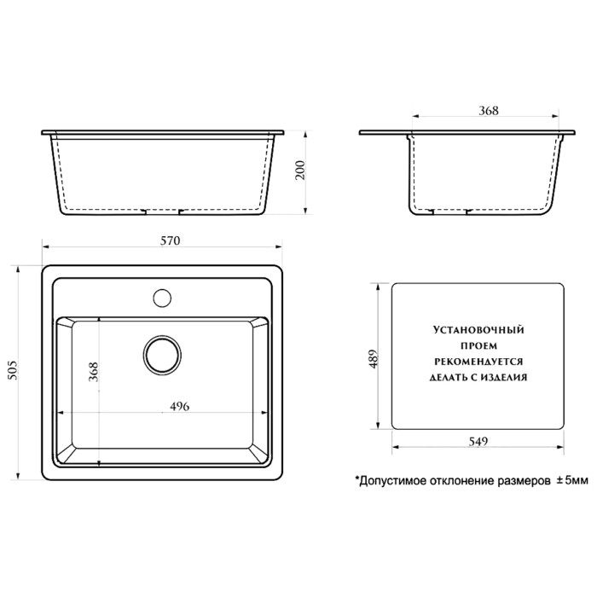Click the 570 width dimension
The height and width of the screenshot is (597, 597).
point(170,242)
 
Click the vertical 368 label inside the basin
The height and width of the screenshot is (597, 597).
point(95,374)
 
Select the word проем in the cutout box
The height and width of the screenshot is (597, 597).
point(478,345)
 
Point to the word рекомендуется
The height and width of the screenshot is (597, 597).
point(478,360)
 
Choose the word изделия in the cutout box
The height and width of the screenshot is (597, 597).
point(507,376)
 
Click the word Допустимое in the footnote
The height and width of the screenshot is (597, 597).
point(389,482)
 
